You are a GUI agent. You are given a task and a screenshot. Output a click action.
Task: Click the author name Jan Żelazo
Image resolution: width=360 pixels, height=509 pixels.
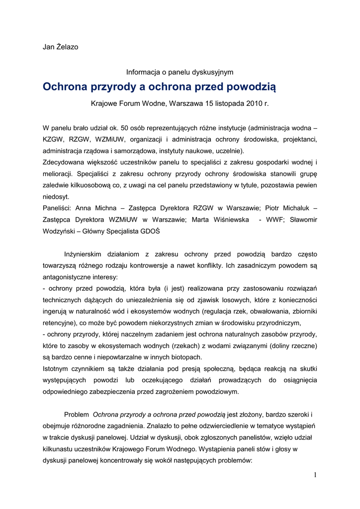tap(60, 47)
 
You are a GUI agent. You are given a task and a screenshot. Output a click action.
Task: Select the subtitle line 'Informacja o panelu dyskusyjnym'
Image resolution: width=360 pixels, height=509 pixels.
tap(180, 72)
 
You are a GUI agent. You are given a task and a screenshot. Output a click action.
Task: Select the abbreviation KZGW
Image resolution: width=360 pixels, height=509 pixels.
tap(53, 139)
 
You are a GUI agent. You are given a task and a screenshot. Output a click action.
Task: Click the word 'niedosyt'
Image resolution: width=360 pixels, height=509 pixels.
tap(56, 196)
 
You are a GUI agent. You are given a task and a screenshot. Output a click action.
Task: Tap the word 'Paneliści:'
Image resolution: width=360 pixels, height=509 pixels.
tap(58, 208)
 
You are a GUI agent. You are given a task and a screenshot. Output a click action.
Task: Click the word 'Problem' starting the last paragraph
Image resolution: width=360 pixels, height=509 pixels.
tap(77, 414)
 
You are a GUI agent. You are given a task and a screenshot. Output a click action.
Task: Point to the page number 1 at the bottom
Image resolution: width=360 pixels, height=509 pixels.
tap(315, 475)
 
